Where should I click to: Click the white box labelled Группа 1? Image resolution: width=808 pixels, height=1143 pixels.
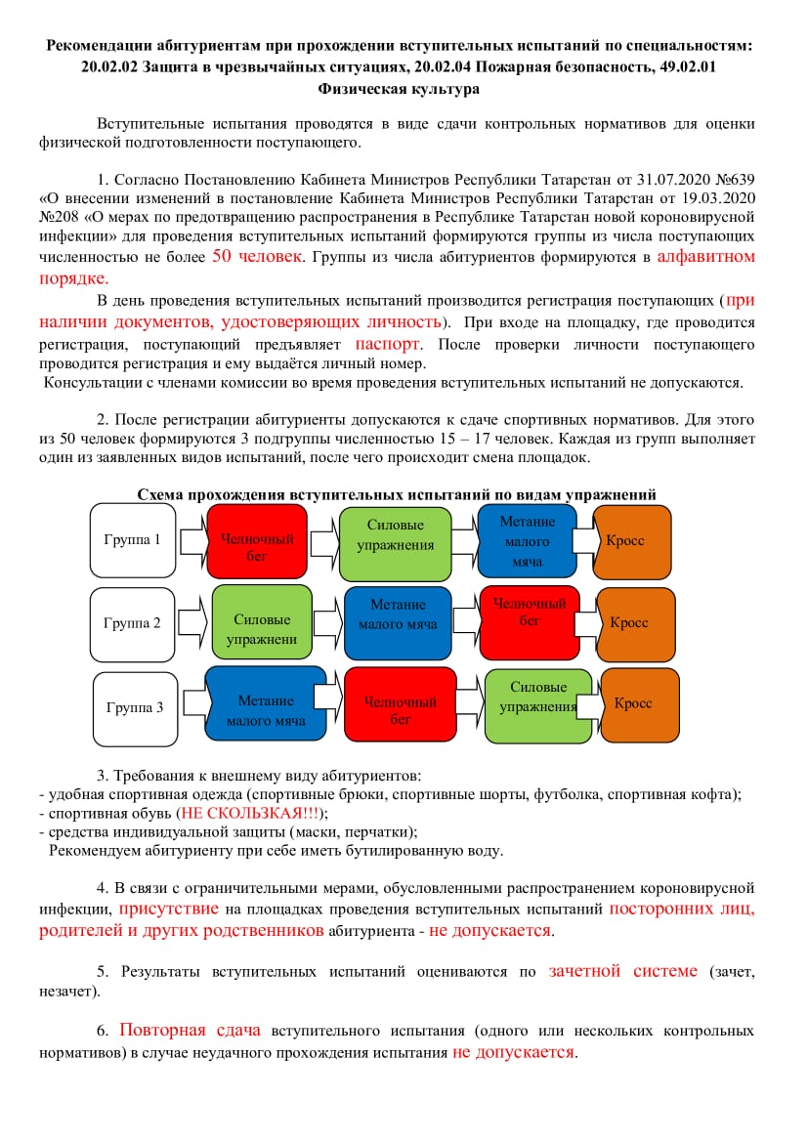coord(132,540)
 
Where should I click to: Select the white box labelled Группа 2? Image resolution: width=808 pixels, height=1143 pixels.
coord(132,623)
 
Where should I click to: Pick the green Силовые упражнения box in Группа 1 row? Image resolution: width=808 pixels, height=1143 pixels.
coord(395,541)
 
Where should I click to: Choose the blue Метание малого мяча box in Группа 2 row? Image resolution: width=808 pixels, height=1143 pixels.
coord(398,622)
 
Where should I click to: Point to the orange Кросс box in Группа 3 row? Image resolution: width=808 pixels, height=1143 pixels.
coord(639,704)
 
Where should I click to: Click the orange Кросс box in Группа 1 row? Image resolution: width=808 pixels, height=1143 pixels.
coord(631,541)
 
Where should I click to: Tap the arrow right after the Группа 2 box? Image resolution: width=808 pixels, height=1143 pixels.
coord(192,622)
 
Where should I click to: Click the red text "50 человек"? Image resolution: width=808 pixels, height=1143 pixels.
coord(256,257)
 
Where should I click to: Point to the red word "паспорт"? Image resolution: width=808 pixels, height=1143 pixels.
coord(388,344)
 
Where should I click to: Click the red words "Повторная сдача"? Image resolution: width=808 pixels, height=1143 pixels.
coord(190,1030)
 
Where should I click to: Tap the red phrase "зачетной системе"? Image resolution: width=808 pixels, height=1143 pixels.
coord(623,971)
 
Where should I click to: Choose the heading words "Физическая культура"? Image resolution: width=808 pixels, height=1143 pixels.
coord(399,89)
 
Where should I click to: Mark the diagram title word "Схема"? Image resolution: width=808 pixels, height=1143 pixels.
coord(160,494)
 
